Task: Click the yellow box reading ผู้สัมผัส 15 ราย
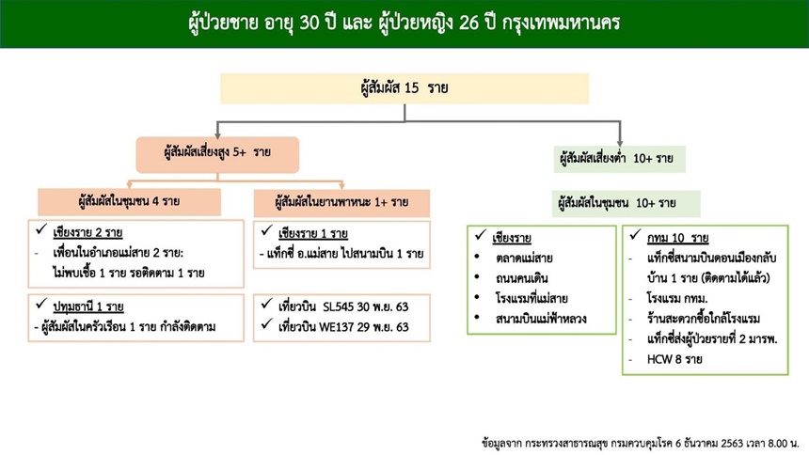pos(404,88)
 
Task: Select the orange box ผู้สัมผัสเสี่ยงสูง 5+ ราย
pos(217,155)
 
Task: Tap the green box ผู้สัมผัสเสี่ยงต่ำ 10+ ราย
pos(619,159)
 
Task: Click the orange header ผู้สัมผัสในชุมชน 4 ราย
pos(129,202)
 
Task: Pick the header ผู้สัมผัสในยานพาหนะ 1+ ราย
pos(341,203)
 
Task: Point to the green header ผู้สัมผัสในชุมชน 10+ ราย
pos(626,203)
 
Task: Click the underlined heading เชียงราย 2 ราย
pos(87,232)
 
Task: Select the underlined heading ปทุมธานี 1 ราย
pos(88,307)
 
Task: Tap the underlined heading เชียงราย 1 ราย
pos(313,234)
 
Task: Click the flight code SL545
pos(339,307)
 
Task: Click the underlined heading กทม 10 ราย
pos(677,239)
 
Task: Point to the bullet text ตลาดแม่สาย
pos(524,258)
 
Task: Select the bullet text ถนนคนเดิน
pos(522,278)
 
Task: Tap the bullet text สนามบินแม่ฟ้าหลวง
pos(541,319)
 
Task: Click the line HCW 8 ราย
pos(674,359)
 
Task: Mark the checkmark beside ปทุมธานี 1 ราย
pos(41,305)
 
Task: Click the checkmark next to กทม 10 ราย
pos(635,235)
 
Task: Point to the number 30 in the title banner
pos(309,24)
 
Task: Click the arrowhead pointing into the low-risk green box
pos(620,143)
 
